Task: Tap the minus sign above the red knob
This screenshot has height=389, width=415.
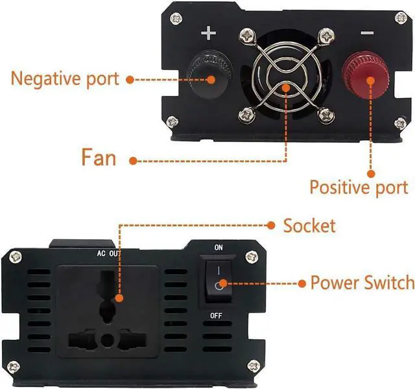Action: coord(367,32)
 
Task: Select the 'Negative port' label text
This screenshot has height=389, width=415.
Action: coord(65,78)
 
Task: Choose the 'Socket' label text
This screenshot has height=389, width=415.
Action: coord(309,226)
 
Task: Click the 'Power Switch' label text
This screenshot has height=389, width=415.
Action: coord(362,283)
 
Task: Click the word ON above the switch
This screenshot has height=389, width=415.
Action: coord(219,247)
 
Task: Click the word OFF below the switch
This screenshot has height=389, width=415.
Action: coord(217,316)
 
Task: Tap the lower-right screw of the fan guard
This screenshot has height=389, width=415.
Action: coord(326,117)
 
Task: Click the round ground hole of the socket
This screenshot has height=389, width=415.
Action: coord(108,338)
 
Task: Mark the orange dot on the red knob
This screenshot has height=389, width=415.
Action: coord(370,81)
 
